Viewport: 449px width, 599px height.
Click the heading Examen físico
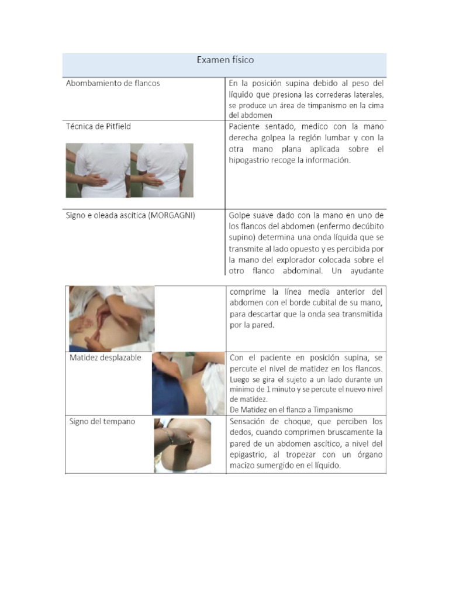click(225, 60)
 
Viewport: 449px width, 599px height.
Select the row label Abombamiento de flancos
click(113, 83)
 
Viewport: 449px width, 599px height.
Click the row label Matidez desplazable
click(103, 357)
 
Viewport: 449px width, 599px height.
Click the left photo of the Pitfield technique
click(98, 170)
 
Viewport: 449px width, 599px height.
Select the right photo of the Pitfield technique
click(162, 170)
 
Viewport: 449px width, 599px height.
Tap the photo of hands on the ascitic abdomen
click(111, 318)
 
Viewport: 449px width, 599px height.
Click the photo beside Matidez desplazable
click(188, 383)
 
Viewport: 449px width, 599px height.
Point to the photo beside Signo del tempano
click(182, 445)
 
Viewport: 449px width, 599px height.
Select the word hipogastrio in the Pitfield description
click(250, 161)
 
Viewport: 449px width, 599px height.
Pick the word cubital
click(322, 302)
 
